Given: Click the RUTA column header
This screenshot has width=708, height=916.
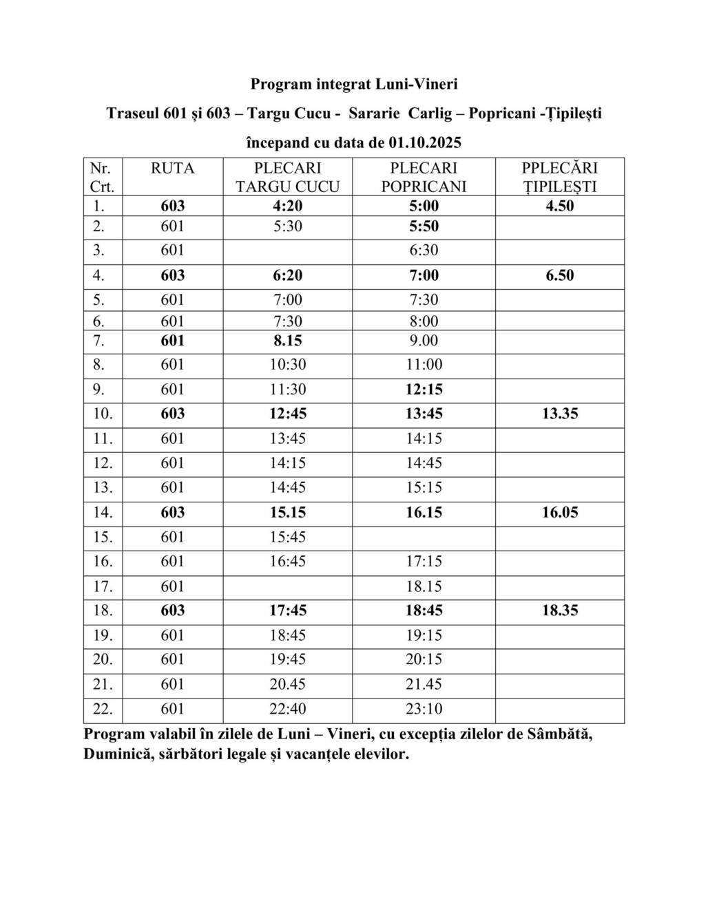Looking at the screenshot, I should [x=172, y=169].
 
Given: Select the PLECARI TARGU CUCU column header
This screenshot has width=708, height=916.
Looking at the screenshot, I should [x=287, y=177].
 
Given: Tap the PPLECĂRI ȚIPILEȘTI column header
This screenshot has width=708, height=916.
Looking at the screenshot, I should [x=559, y=177].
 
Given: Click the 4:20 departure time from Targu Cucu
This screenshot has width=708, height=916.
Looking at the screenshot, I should [x=287, y=206].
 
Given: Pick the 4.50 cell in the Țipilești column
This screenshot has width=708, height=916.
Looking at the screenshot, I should [x=559, y=206].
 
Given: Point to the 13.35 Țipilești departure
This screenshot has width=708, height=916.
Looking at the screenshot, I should [x=559, y=414].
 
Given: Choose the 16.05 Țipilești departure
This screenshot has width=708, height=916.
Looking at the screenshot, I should [x=559, y=512].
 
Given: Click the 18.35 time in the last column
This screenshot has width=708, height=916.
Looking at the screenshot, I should [x=559, y=610].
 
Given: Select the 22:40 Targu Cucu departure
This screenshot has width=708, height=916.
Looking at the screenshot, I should [x=287, y=709].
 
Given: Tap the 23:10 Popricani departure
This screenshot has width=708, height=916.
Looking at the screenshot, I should [x=424, y=709].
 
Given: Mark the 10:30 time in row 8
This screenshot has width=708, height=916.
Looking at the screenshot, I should [x=287, y=365].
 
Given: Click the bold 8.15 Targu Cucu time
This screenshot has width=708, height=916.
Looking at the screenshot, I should [x=287, y=341].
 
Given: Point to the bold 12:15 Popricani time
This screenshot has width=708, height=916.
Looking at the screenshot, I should [x=424, y=390].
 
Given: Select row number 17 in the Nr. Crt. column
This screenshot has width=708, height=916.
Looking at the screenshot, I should [x=103, y=586].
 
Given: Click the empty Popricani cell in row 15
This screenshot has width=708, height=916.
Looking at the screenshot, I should [x=424, y=537].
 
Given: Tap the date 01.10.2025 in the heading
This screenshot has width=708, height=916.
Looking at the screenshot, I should [x=424, y=143].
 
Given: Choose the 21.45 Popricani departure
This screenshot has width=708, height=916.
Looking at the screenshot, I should [x=424, y=684].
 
